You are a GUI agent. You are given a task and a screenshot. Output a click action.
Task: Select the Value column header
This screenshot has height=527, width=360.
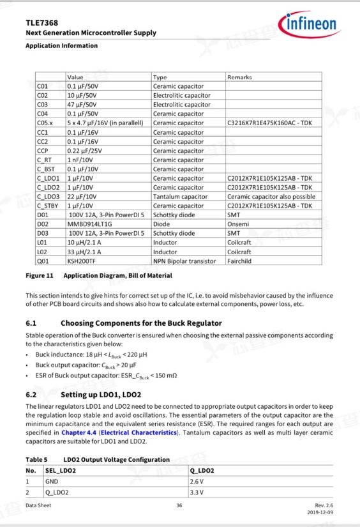pyautogui.click(x=75, y=77)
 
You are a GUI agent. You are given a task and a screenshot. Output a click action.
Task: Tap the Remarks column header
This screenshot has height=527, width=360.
pyautogui.click(x=239, y=77)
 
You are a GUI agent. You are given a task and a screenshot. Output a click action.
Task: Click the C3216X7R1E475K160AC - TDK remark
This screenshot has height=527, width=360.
pyautogui.click(x=269, y=123)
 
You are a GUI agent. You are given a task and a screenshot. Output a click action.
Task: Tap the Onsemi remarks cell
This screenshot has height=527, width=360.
pyautogui.click(x=237, y=224)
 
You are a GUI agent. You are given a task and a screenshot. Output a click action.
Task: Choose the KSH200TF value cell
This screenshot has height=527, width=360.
pyautogui.click(x=82, y=261)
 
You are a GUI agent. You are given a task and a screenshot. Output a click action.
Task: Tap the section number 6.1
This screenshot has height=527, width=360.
pyautogui.click(x=31, y=323)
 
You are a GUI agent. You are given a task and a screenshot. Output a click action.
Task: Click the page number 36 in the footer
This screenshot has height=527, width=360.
pyautogui.click(x=179, y=506)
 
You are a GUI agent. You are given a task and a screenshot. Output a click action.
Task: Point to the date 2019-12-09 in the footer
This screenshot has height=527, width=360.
pyautogui.click(x=320, y=513)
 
